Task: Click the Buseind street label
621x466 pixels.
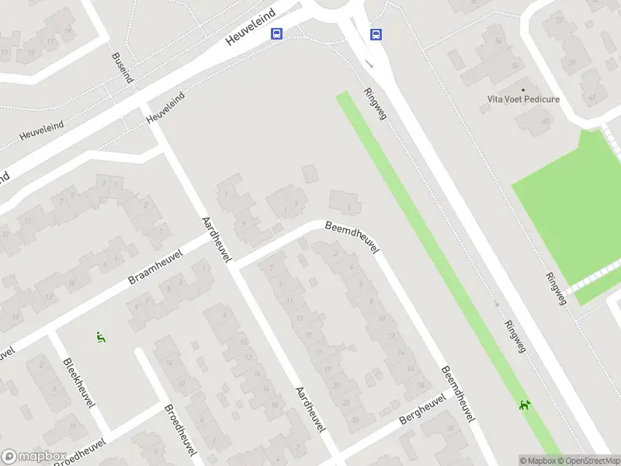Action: [x=122, y=68]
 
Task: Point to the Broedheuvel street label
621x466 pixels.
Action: [x=180, y=430]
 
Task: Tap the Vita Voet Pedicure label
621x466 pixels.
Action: [x=522, y=99]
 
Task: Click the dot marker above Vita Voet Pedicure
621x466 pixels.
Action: [x=522, y=88]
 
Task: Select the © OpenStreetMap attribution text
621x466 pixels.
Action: [x=588, y=461]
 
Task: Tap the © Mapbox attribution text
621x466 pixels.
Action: [x=536, y=461]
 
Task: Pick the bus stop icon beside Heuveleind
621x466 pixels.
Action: [x=276, y=34]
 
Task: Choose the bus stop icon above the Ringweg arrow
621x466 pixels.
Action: [x=376, y=34]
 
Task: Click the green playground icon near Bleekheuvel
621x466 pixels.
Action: [x=100, y=337]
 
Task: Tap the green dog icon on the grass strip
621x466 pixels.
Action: [x=526, y=404]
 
